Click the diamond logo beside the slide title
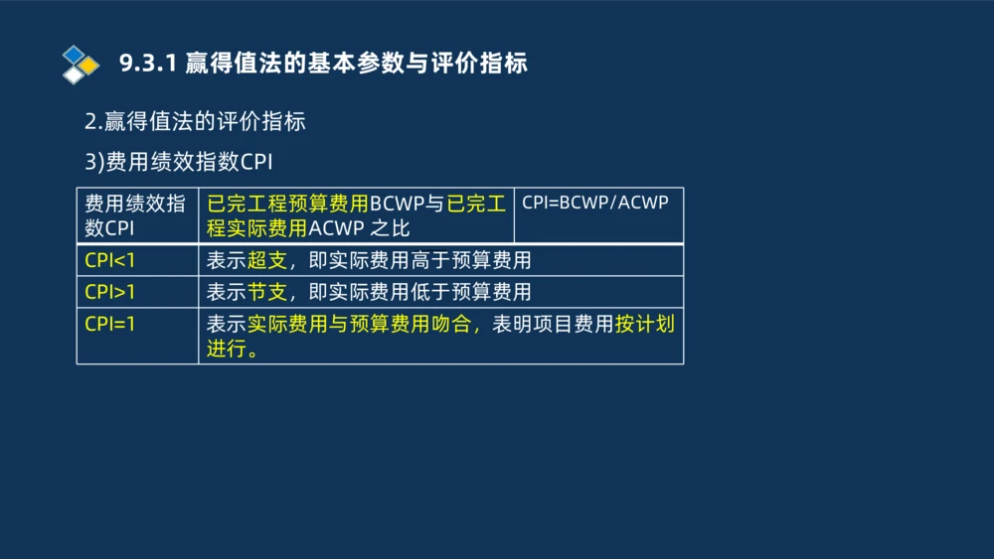[81, 64]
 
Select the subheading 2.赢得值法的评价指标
[195, 122]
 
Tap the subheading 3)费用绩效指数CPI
[179, 162]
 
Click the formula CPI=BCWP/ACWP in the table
[595, 203]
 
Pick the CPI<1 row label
[110, 261]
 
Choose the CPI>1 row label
[110, 292]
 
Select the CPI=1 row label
[110, 324]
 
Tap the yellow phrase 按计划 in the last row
[645, 324]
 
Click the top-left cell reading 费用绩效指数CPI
[135, 215]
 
